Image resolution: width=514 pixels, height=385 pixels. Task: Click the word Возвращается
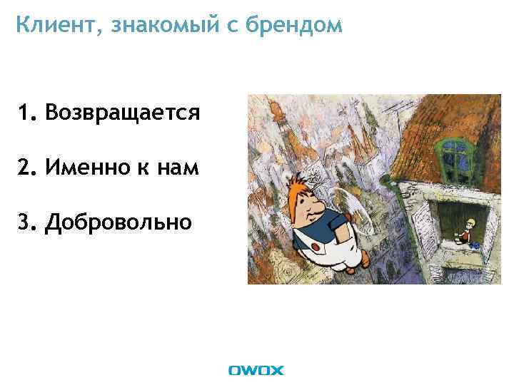coord(122,112)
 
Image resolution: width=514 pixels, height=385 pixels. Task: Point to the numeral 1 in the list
coord(26,112)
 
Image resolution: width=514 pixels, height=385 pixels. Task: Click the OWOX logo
coord(256,370)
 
